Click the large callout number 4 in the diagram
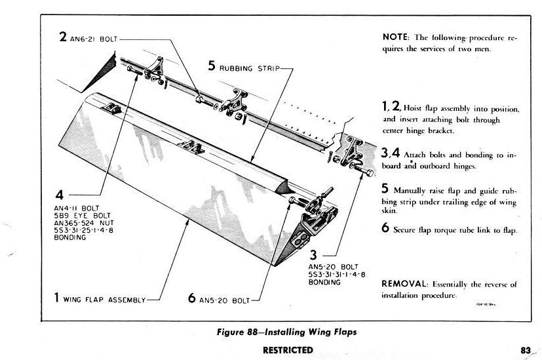60,195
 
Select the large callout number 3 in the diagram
313,255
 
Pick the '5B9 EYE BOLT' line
74,213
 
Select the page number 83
525,350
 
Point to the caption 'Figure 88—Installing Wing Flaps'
287,332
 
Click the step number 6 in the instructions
386,229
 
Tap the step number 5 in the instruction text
386,188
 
